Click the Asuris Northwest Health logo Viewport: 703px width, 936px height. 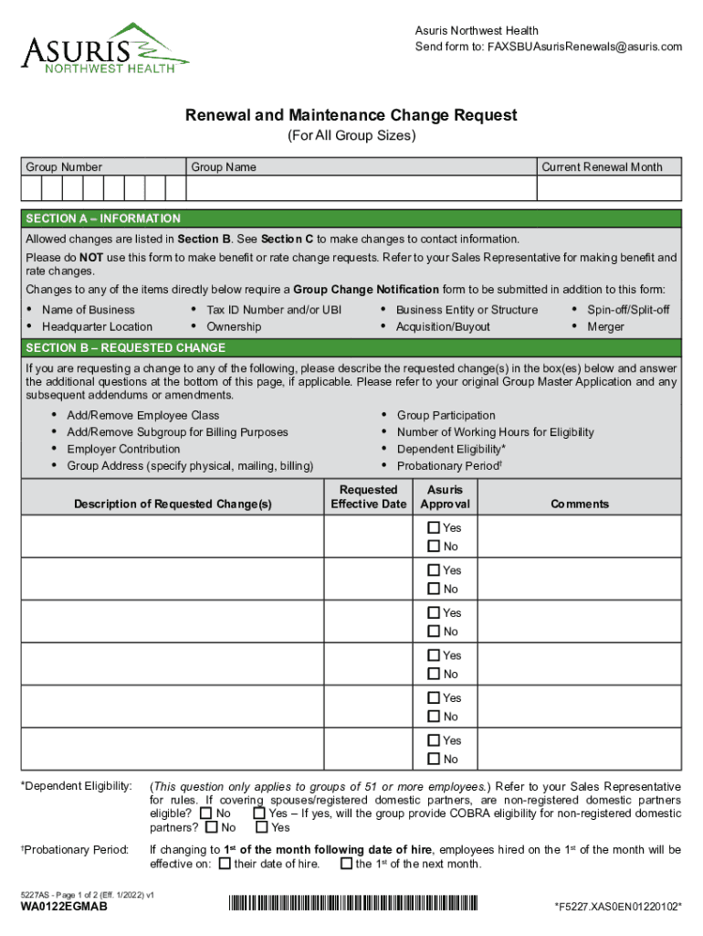[104, 50]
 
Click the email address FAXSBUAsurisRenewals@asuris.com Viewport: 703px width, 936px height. [584, 47]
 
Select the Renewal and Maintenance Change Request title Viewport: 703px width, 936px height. [351, 115]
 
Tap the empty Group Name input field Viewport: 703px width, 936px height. [362, 188]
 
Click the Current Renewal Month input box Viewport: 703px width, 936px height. [609, 188]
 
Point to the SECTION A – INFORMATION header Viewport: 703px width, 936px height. [103, 219]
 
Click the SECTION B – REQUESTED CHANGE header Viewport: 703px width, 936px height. [125, 348]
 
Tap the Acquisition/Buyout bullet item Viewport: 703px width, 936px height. [443, 326]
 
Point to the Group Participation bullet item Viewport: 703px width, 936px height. [446, 415]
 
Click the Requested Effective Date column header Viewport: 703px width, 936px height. [368, 497]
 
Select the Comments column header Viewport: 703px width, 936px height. [579, 504]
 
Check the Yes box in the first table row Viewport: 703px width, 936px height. [434, 528]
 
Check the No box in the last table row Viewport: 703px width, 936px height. [434, 760]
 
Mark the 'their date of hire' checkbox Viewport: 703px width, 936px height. [226, 864]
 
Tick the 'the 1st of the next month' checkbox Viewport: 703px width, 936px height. [346, 864]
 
